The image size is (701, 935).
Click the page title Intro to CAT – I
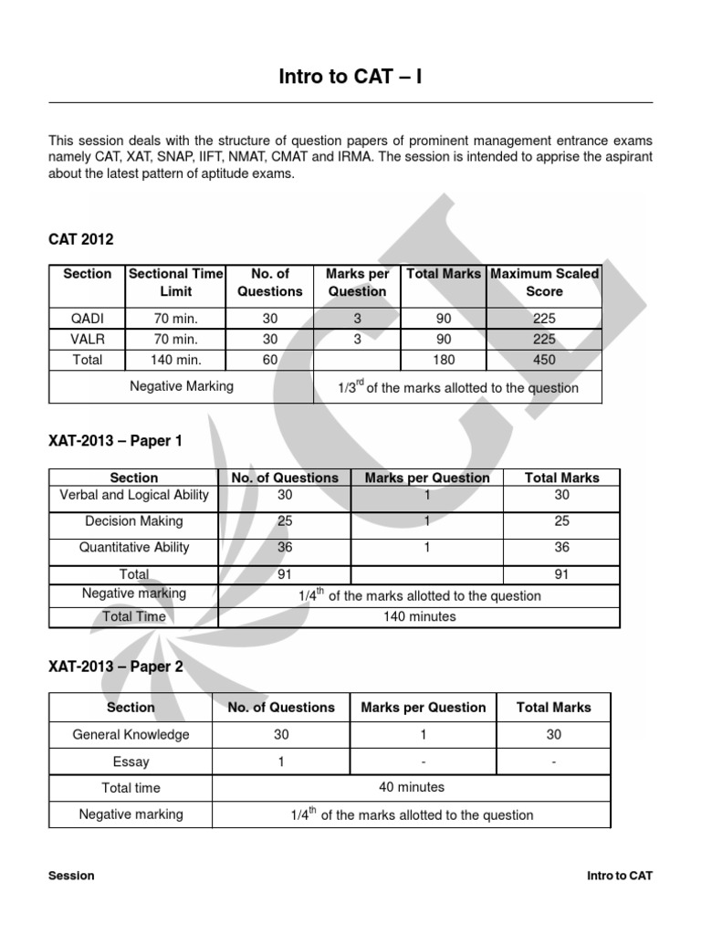click(350, 78)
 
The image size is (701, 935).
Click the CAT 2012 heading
click(81, 239)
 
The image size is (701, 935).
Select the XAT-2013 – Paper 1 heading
click(115, 441)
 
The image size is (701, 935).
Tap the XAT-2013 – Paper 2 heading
click(115, 667)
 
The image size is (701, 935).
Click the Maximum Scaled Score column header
click(545, 282)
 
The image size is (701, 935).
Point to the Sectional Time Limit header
click(176, 282)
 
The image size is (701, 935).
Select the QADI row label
click(88, 319)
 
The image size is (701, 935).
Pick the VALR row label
click(88, 339)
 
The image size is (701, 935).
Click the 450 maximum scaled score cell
click(544, 360)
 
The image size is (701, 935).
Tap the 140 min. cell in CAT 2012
click(176, 360)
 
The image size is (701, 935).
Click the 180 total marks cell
click(444, 360)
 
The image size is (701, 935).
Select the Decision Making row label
click(134, 521)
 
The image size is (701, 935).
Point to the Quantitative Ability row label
click(134, 548)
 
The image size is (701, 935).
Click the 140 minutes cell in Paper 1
click(419, 616)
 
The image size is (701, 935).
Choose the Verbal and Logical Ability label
click(134, 495)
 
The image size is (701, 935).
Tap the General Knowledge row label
click(131, 734)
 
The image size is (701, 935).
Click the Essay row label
click(131, 762)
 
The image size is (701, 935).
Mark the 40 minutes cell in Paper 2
click(412, 787)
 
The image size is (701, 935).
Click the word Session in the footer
click(71, 876)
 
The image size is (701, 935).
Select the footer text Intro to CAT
click(620, 876)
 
